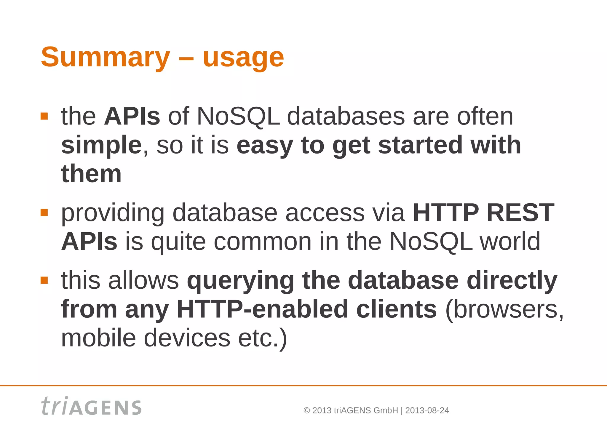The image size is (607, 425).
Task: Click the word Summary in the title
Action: pyautogui.click(x=105, y=57)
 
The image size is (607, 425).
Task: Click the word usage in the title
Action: pyautogui.click(x=243, y=58)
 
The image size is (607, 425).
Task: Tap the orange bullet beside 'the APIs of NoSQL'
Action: pyautogui.click(x=44, y=116)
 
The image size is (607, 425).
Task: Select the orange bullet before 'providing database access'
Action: pyautogui.click(x=44, y=213)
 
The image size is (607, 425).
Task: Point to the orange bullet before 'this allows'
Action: pyautogui.click(x=44, y=280)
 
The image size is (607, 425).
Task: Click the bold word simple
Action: pyautogui.click(x=101, y=146)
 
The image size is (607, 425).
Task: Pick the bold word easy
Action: pyautogui.click(x=264, y=146)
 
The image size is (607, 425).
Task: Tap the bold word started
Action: pyautogui.click(x=420, y=145)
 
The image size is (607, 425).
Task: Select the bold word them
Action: pyautogui.click(x=91, y=174)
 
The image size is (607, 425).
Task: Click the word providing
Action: pyautogui.click(x=113, y=213)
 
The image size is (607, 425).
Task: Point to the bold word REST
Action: pyautogui.click(x=520, y=213)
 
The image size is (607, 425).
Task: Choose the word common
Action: pyautogui.click(x=262, y=242)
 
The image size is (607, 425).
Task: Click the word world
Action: pyautogui.click(x=510, y=242)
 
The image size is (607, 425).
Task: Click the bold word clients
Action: pyautogui.click(x=396, y=309)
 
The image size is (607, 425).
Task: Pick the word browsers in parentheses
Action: pyautogui.click(x=504, y=309)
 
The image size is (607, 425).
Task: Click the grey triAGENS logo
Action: pyautogui.click(x=91, y=406)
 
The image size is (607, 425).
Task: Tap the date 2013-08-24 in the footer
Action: pyautogui.click(x=427, y=410)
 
